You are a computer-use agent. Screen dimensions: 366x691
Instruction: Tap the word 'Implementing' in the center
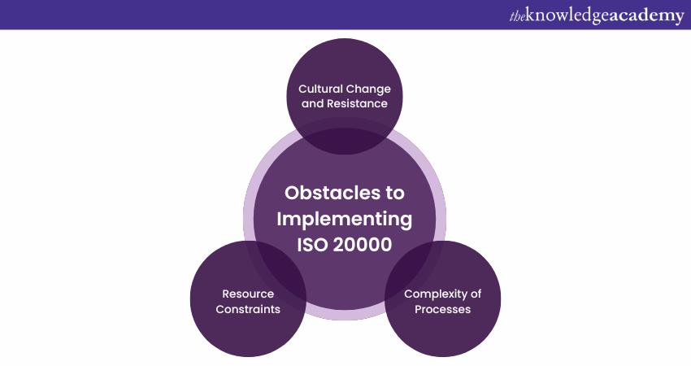click(x=344, y=220)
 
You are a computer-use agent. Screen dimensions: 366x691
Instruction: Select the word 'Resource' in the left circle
click(x=248, y=294)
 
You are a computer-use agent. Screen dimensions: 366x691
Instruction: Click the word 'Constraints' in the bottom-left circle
click(x=248, y=309)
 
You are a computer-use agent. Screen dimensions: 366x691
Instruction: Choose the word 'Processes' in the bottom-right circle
click(x=442, y=309)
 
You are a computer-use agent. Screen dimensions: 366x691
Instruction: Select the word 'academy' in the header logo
click(x=647, y=15)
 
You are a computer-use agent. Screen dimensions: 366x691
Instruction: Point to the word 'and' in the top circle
click(x=313, y=103)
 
